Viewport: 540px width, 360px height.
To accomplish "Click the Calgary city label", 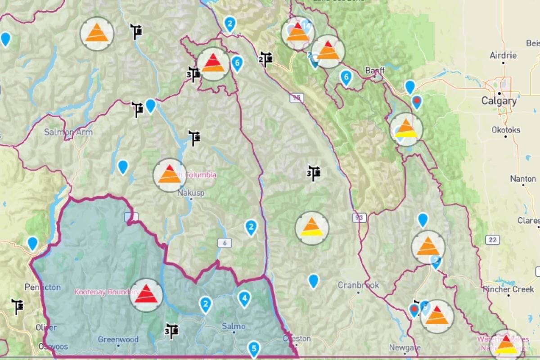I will click(x=499, y=101).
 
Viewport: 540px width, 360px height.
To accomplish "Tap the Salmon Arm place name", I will click(x=68, y=132).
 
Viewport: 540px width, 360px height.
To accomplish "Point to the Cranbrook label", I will click(x=358, y=285).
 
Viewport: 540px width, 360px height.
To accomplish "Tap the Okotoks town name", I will click(x=506, y=130).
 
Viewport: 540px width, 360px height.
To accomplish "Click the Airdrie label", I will click(x=503, y=56).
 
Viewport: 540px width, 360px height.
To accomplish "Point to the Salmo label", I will click(x=234, y=326).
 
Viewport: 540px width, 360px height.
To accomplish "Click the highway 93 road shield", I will click(x=359, y=218).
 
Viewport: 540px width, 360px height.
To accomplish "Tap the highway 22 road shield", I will click(x=492, y=240).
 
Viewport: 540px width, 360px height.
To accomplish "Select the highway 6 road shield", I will click(x=225, y=243).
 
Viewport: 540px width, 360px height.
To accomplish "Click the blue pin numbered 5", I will click(x=254, y=348).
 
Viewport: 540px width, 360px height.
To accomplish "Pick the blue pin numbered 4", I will click(x=244, y=298).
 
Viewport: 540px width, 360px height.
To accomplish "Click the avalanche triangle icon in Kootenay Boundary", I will click(x=146, y=295).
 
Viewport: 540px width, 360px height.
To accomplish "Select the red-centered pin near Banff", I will click(x=417, y=101).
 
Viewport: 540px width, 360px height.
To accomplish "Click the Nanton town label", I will click(x=523, y=179).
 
